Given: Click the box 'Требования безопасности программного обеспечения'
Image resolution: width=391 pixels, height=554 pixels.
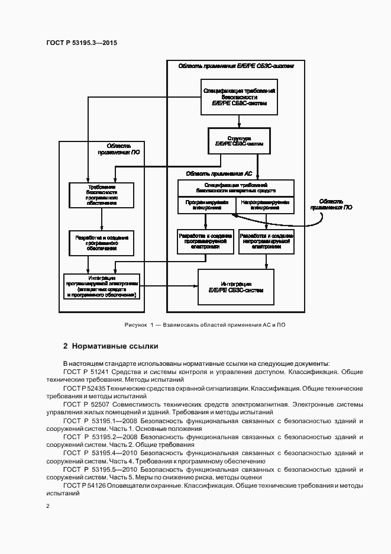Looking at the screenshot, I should click(x=101, y=195).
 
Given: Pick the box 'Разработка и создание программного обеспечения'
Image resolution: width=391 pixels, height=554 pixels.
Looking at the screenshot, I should click(x=101, y=243).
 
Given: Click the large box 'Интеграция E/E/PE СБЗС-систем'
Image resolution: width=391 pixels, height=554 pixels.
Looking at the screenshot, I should click(x=235, y=288).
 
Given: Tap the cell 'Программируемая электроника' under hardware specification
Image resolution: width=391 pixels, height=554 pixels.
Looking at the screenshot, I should click(x=206, y=205).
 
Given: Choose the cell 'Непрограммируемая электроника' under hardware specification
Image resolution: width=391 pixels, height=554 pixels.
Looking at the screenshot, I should click(x=264, y=205).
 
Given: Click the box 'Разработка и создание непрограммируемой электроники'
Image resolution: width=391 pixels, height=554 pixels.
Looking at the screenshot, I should click(x=266, y=241).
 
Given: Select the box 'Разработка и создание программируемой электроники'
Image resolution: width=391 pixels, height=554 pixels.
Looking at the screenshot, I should click(x=206, y=241).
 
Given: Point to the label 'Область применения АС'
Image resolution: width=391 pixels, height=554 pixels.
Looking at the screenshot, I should click(x=219, y=174).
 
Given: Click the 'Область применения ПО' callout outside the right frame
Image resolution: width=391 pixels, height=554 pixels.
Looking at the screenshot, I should click(x=332, y=204).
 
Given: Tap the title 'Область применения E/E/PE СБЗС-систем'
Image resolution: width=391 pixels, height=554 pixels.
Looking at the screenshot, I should click(x=236, y=66).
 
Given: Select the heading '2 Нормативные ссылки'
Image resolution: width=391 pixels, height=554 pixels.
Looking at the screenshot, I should click(x=111, y=346).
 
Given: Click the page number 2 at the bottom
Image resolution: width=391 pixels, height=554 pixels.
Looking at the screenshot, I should click(x=48, y=506).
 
